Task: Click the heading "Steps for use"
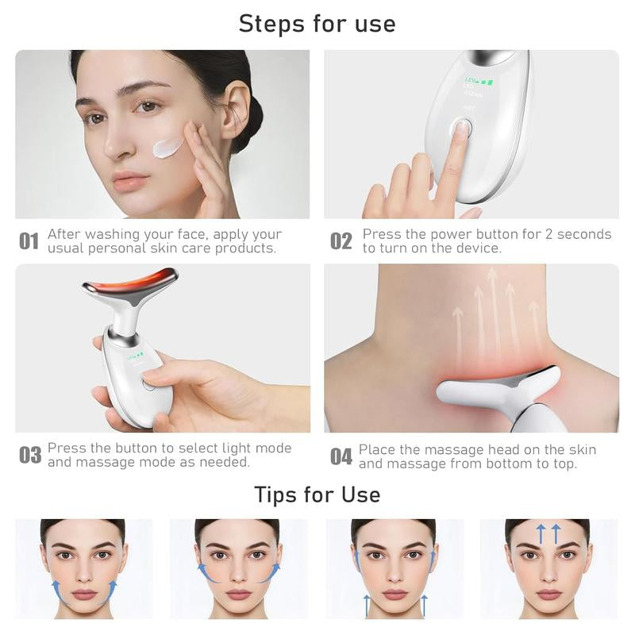click(317, 23)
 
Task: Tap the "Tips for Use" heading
click(317, 495)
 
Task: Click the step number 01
click(29, 241)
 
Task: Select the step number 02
click(341, 241)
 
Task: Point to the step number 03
click(30, 455)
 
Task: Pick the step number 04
click(341, 456)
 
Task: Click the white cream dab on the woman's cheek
click(168, 147)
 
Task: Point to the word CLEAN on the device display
click(473, 94)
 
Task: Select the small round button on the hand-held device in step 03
click(148, 384)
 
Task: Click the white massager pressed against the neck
click(492, 393)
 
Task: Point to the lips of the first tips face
click(84, 594)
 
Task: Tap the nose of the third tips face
click(394, 573)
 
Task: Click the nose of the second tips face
click(239, 573)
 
